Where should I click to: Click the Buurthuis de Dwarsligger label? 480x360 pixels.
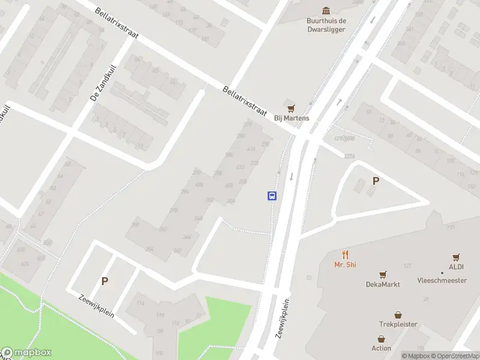click(x=326, y=25)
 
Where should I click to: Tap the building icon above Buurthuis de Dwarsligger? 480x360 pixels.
click(x=326, y=10)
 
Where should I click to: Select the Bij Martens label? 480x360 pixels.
click(x=292, y=118)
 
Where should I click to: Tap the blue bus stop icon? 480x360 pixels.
click(x=272, y=196)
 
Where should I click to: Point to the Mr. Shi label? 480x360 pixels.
click(x=345, y=265)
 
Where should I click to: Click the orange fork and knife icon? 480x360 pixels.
click(x=345, y=254)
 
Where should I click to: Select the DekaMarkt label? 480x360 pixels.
click(x=383, y=284)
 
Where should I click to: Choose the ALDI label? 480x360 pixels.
click(x=456, y=267)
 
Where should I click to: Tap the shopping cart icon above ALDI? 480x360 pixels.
click(x=456, y=256)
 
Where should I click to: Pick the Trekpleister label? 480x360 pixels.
click(x=398, y=325)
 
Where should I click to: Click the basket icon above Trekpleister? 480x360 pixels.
click(x=398, y=314)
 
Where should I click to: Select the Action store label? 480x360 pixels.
click(x=381, y=348)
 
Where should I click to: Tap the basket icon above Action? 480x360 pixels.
click(x=381, y=338)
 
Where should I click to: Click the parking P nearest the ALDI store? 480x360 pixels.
click(x=376, y=181)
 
